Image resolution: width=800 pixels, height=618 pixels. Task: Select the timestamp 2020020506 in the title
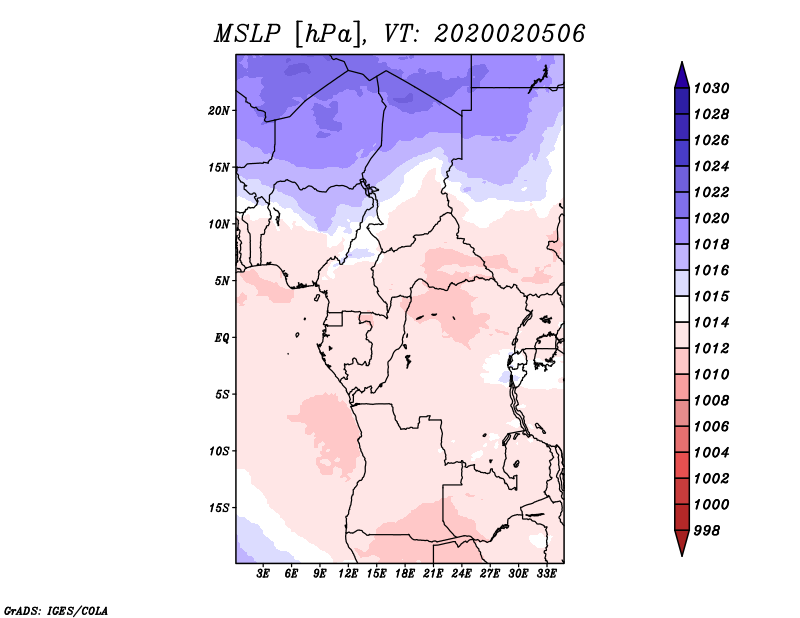click(510, 34)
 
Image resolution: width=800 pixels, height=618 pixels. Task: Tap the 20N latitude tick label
click(219, 110)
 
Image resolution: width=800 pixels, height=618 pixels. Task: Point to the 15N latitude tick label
click(219, 167)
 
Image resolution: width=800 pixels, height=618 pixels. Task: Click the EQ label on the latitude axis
click(222, 338)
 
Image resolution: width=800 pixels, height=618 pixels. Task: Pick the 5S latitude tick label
click(223, 394)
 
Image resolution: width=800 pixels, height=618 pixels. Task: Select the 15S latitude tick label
click(219, 508)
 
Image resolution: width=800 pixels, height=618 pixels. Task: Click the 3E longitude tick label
click(264, 574)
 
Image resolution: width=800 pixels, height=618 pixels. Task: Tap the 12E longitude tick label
click(349, 574)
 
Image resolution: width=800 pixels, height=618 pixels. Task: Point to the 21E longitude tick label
click(433, 574)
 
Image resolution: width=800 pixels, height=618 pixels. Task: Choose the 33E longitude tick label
click(546, 574)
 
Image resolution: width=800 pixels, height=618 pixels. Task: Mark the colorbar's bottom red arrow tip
click(681, 553)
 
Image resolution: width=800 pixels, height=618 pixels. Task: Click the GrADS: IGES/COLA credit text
click(56, 609)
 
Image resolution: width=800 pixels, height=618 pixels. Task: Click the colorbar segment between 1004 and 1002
click(681, 465)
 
